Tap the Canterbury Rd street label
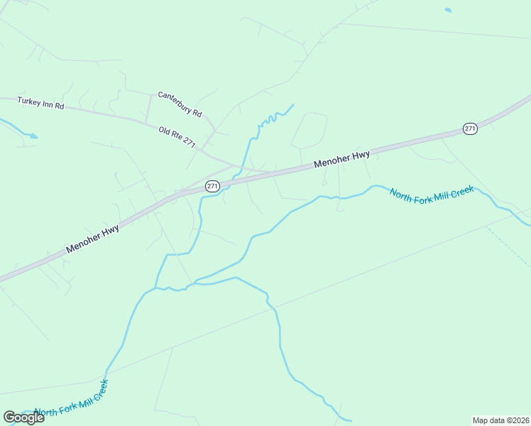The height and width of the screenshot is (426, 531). pos(180,104)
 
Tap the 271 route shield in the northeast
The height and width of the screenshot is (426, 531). pos(470,129)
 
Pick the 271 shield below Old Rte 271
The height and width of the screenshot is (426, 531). pos(212,186)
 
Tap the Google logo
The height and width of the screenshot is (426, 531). pos(23,417)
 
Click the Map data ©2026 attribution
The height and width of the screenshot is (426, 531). pos(500,420)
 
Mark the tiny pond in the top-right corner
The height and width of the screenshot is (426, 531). pos(447,10)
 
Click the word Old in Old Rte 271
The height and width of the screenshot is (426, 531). pos(164,131)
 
